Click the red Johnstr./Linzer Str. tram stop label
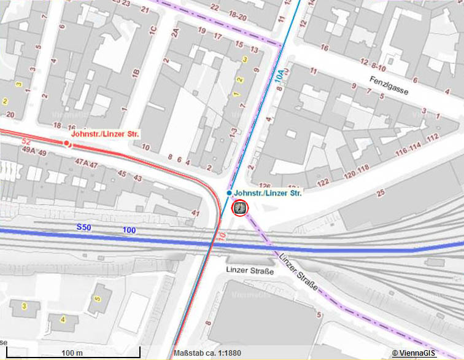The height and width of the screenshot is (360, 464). (x=106, y=134)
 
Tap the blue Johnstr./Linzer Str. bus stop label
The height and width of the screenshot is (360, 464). (x=269, y=193)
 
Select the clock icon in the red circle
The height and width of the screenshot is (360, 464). (x=240, y=208)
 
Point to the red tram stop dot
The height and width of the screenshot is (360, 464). (x=67, y=143)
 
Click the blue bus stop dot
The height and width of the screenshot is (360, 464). (x=229, y=193)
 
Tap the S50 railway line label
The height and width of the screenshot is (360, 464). (x=83, y=227)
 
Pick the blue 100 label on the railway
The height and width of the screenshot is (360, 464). (x=129, y=230)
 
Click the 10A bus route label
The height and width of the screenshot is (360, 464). (x=280, y=77)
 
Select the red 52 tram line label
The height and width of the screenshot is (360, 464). (x=26, y=142)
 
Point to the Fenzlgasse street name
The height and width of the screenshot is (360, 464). (x=389, y=85)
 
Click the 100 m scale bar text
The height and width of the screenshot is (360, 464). (x=72, y=353)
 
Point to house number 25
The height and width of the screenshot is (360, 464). (x=380, y=194)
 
